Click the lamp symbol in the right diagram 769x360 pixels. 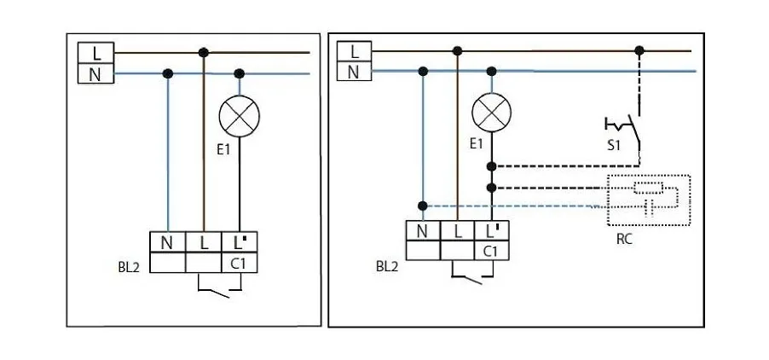coord(492,112)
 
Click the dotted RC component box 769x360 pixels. coord(647,200)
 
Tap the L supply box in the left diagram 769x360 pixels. coord(95,53)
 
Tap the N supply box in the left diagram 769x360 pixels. coord(95,74)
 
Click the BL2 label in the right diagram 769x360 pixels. coord(387,266)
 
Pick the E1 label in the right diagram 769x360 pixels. coord(477,144)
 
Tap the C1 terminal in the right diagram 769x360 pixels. coord(491,251)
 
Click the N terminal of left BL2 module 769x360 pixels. coord(167,242)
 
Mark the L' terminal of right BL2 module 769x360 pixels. coord(492,230)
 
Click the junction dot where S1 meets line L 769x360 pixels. coord(639,51)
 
